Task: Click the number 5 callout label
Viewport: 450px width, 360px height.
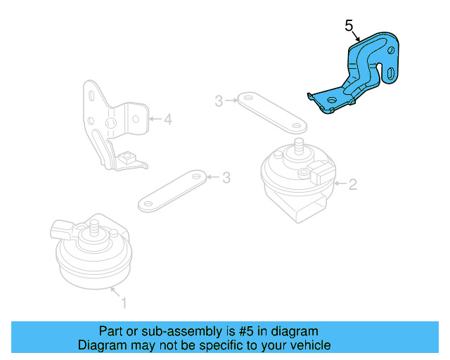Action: click(349, 26)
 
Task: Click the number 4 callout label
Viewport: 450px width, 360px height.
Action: click(168, 120)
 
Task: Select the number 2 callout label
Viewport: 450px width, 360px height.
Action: click(353, 184)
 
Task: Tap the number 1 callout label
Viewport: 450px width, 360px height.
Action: click(124, 304)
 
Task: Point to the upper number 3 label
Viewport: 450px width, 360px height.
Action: click(219, 102)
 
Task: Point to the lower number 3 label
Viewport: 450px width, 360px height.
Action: click(226, 178)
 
